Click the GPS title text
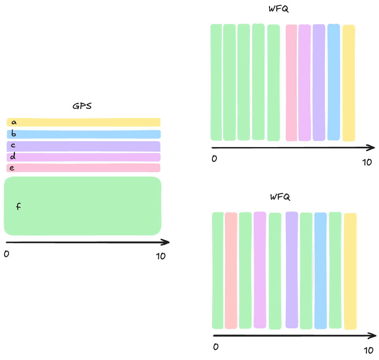pyautogui.click(x=82, y=106)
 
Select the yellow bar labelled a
pyautogui.click(x=83, y=122)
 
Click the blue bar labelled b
pyautogui.click(x=83, y=134)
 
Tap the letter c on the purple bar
pyautogui.click(x=13, y=145)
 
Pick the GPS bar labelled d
pyautogui.click(x=83, y=157)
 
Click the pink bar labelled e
pyautogui.click(x=83, y=168)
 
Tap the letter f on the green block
pyautogui.click(x=19, y=206)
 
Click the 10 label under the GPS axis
pyautogui.click(x=161, y=256)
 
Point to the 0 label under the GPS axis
pyautogui.click(x=7, y=254)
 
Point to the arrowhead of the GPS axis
pyautogui.click(x=167, y=242)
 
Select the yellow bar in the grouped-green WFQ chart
pyautogui.click(x=349, y=83)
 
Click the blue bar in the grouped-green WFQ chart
pyautogui.click(x=334, y=82)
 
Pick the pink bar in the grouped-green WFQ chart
pyautogui.click(x=291, y=83)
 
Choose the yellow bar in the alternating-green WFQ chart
pyautogui.click(x=351, y=271)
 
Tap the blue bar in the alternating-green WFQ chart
pyautogui.click(x=320, y=271)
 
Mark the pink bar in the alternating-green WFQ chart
pyautogui.click(x=231, y=271)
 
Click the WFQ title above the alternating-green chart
pyautogui.click(x=280, y=197)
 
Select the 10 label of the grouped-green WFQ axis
pyautogui.click(x=367, y=162)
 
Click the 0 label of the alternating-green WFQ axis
pyautogui.click(x=216, y=347)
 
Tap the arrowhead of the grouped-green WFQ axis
pyautogui.click(x=372, y=148)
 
